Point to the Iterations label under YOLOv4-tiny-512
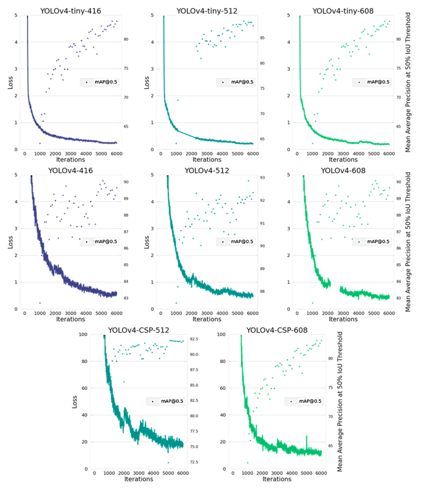(206, 160)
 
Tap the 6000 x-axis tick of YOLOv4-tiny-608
(389, 154)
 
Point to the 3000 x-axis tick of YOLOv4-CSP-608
(277, 473)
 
